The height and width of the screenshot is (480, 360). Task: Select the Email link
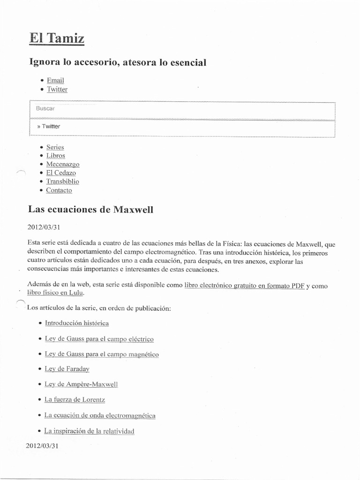[x=55, y=80]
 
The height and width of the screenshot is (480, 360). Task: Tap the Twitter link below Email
[x=57, y=89]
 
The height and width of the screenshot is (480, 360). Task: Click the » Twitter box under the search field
[x=182, y=127]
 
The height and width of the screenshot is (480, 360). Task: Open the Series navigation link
[x=55, y=147]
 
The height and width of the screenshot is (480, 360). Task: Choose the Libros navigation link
[x=55, y=156]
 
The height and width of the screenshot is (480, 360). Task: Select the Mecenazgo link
[x=62, y=164]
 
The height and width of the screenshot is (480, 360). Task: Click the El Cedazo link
[x=60, y=173]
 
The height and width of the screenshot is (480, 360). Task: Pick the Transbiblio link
[x=62, y=181]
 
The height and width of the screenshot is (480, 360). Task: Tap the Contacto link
[x=59, y=190]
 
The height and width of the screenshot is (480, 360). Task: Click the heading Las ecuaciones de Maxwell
[x=90, y=209]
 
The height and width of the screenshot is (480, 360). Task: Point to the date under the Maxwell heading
[x=44, y=227]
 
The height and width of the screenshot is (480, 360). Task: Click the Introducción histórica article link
[x=76, y=323]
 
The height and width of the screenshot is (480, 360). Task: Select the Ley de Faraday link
[x=67, y=369]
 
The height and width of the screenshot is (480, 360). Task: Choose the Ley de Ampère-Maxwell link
[x=81, y=384]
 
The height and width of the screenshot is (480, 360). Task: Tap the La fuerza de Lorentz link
[x=75, y=400]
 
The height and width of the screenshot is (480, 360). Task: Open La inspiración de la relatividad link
[x=89, y=431]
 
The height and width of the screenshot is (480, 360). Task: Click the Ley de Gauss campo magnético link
[x=102, y=354]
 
